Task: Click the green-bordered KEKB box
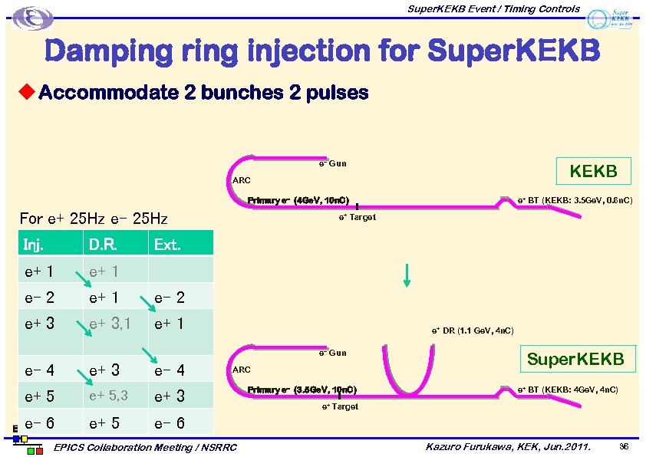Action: pyautogui.click(x=593, y=171)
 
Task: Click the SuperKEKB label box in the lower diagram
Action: pyautogui.click(x=575, y=359)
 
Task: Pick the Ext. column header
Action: pyautogui.click(x=167, y=245)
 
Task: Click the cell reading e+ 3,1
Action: pyautogui.click(x=110, y=324)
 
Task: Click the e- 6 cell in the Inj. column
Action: pyautogui.click(x=39, y=422)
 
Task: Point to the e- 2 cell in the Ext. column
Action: pyautogui.click(x=170, y=297)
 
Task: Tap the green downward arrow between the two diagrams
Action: pyautogui.click(x=407, y=275)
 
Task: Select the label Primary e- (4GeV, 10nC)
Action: pyautogui.click(x=298, y=201)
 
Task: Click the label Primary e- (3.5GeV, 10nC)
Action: pyautogui.click(x=302, y=390)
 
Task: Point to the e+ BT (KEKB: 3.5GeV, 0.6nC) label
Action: pyautogui.click(x=575, y=200)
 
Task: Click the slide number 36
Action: pyautogui.click(x=623, y=445)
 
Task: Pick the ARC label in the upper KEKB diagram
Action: pyautogui.click(x=241, y=181)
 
